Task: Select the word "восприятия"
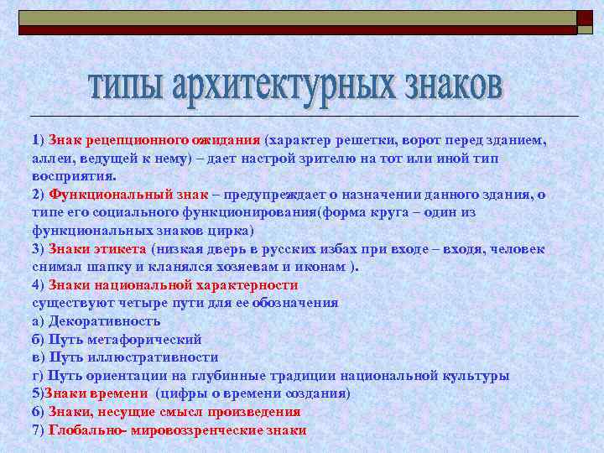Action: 74,177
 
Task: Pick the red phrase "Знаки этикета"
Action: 98,248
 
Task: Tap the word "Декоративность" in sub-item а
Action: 104,320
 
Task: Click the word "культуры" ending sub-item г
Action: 478,375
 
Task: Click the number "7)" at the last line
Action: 39,430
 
